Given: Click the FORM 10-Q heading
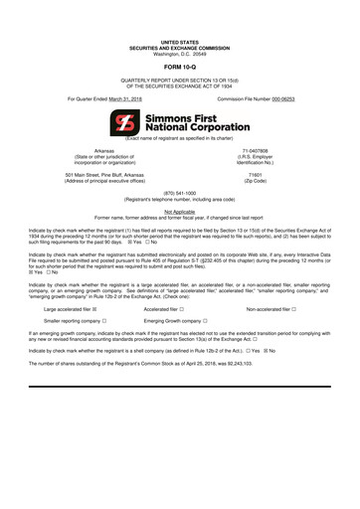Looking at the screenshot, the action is tap(180, 67).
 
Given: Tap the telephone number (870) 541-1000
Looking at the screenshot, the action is tap(180, 193).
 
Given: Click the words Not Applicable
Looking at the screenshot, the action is tap(180, 211).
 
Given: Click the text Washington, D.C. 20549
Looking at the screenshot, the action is tap(180, 52).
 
